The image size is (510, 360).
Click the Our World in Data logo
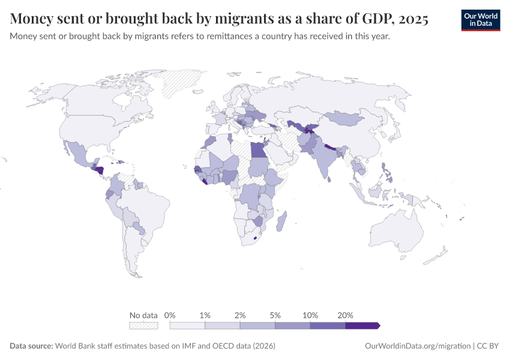[481, 20]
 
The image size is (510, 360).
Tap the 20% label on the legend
[345, 315]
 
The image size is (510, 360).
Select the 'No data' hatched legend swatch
[143, 326]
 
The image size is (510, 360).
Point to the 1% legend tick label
[205, 315]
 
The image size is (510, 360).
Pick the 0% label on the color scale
[170, 315]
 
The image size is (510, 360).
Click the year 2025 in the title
[413, 19]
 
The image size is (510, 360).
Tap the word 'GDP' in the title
[376, 19]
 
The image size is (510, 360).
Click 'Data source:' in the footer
[31, 346]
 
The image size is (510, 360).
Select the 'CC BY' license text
[488, 346]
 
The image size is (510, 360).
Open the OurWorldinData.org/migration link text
[418, 346]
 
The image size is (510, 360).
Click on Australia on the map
[397, 231]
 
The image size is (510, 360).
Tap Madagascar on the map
[281, 221]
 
